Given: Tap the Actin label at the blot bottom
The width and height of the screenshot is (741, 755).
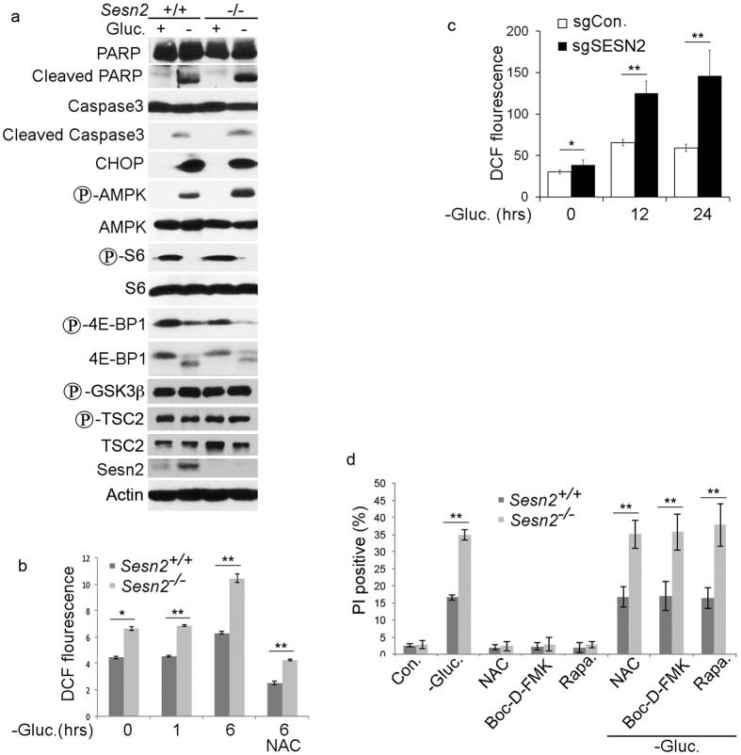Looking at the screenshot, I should (103, 494).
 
